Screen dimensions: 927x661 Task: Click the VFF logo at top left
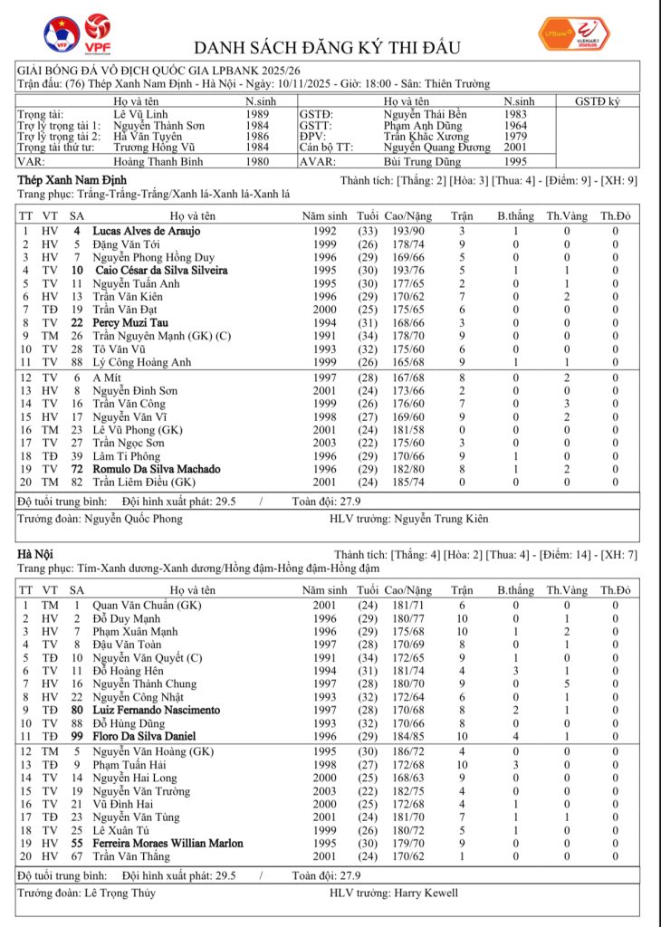pos(62,34)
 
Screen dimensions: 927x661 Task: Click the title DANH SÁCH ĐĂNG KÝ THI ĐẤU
pos(327,47)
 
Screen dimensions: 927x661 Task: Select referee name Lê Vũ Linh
pos(139,114)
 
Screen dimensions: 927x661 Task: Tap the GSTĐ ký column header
pos(598,101)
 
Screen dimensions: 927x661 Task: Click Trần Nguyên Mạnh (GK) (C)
pos(162,336)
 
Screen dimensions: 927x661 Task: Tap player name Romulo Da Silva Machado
pos(156,469)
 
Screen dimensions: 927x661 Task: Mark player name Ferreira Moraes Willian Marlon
pos(168,843)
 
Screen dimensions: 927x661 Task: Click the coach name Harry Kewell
pos(426,893)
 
